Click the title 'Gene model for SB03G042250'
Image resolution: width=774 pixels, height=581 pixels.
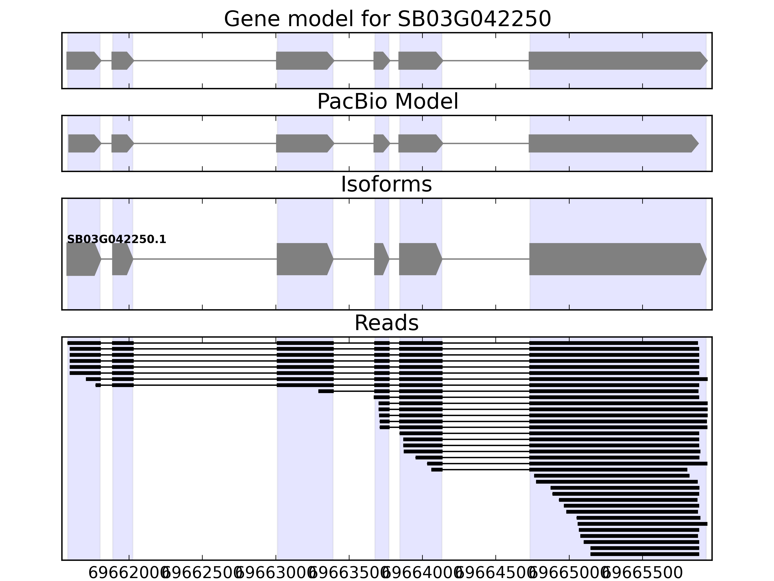point(387,19)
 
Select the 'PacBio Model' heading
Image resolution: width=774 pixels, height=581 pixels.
point(387,102)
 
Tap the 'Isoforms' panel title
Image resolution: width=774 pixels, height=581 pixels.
point(386,184)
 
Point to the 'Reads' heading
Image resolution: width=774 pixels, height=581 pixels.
point(386,323)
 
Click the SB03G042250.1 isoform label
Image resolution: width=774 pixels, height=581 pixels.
point(117,240)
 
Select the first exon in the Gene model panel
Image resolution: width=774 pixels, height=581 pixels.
point(82,61)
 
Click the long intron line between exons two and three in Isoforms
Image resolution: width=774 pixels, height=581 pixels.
point(205,259)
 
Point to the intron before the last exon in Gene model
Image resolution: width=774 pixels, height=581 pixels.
point(486,61)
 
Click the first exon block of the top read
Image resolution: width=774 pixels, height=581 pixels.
point(84,343)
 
